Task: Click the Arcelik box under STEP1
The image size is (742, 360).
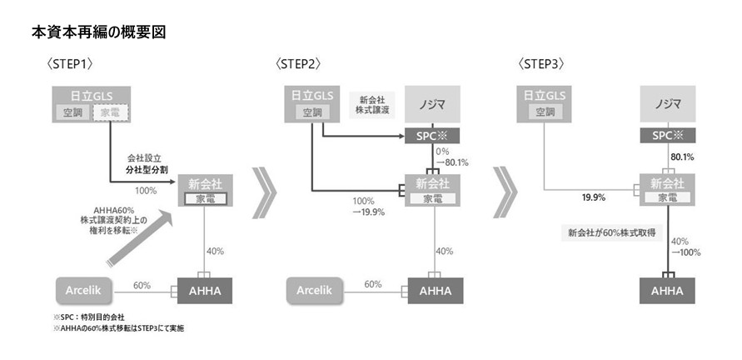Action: pyautogui.click(x=84, y=291)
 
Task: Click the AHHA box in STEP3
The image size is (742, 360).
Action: pyautogui.click(x=667, y=291)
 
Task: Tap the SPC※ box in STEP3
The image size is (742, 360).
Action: pyautogui.click(x=667, y=135)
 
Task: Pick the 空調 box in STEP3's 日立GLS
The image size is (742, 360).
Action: pyautogui.click(x=545, y=112)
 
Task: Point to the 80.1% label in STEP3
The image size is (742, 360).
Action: pyautogui.click(x=682, y=157)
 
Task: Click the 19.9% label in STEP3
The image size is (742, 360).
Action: pyautogui.click(x=593, y=197)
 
